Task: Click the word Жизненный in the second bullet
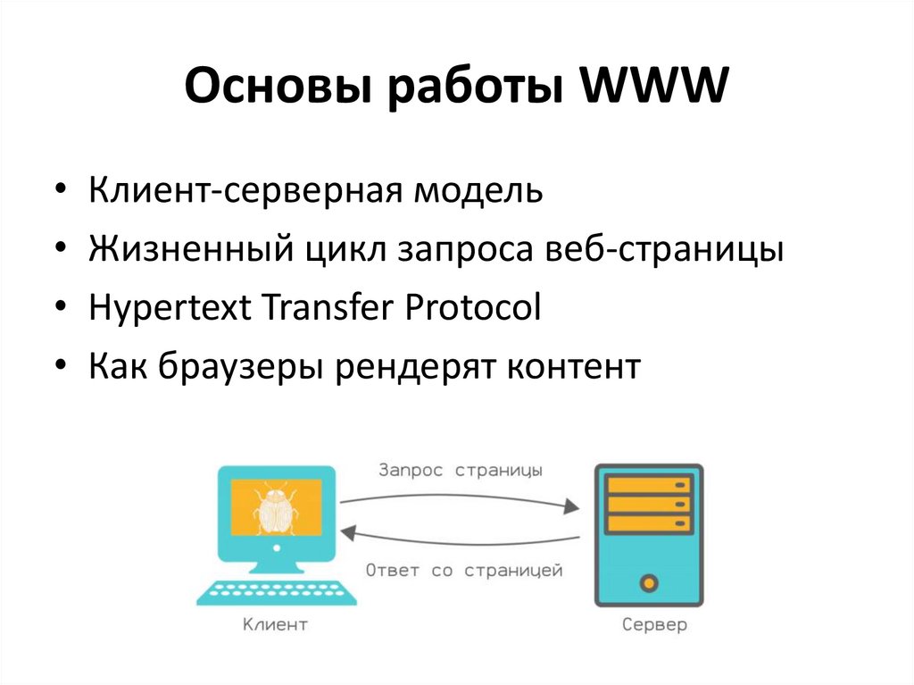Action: tap(182, 250)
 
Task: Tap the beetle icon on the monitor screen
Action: tap(274, 510)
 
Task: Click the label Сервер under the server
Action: tap(654, 625)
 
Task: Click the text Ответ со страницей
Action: tap(463, 571)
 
